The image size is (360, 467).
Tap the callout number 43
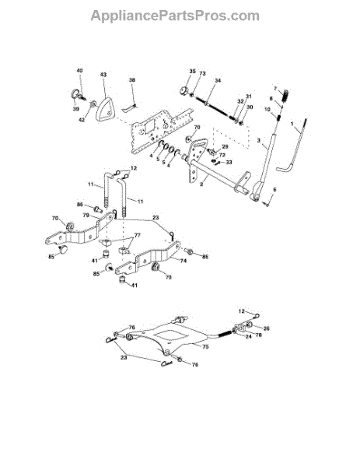(x=103, y=75)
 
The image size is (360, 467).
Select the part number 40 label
(x=79, y=71)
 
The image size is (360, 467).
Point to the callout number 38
(x=132, y=80)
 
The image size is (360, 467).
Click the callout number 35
(x=192, y=72)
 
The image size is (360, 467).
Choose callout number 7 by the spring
(x=274, y=89)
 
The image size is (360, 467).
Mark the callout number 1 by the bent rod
(x=292, y=125)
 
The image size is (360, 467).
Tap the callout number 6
(x=273, y=189)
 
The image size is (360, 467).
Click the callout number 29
(x=226, y=147)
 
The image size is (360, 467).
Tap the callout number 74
(x=183, y=263)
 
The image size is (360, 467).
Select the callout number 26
(x=266, y=328)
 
